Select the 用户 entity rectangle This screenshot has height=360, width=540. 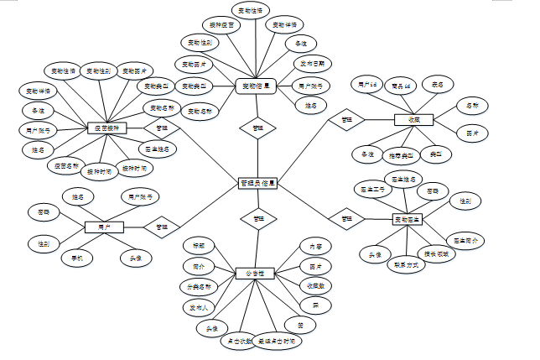(104, 227)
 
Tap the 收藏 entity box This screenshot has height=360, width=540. (413, 121)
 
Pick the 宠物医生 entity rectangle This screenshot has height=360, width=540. (408, 220)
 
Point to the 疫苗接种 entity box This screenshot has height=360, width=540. (107, 128)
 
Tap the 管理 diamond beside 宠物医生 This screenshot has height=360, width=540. (345, 220)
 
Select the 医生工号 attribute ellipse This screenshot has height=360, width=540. (370, 190)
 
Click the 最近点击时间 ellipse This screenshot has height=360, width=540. (276, 342)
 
